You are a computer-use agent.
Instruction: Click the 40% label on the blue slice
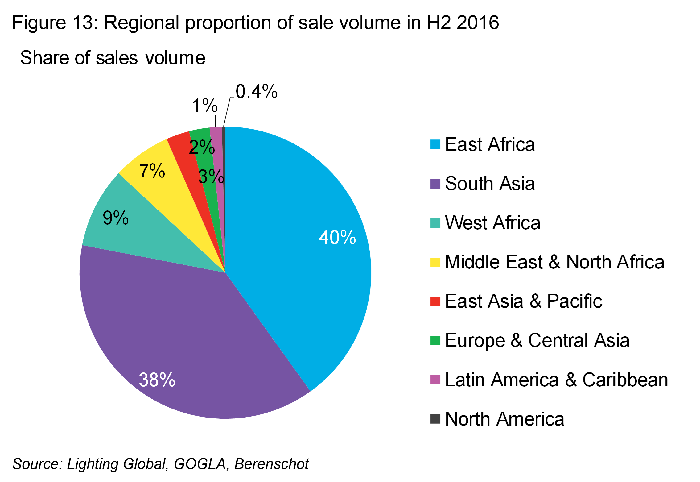click(x=337, y=237)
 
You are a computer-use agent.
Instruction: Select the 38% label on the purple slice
click(x=157, y=380)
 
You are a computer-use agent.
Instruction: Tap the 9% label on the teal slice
click(x=116, y=218)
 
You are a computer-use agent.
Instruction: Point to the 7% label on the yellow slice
click(x=152, y=171)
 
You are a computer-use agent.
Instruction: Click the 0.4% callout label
click(x=256, y=92)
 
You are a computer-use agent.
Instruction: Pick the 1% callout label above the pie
click(x=205, y=106)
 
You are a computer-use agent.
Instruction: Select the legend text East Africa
click(x=490, y=144)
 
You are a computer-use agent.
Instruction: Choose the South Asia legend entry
click(x=490, y=184)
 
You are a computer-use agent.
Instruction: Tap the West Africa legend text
click(x=492, y=223)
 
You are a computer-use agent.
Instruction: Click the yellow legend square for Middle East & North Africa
click(x=435, y=262)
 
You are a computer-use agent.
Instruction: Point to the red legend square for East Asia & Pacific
click(x=435, y=301)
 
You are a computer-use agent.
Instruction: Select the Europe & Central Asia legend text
click(x=537, y=341)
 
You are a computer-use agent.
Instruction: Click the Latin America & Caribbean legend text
click(x=556, y=380)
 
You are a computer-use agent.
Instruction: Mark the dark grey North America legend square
click(x=435, y=419)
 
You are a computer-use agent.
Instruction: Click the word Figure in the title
click(x=39, y=23)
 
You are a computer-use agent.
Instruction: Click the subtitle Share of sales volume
click(x=113, y=58)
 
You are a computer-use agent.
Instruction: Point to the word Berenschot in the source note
click(x=271, y=464)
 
